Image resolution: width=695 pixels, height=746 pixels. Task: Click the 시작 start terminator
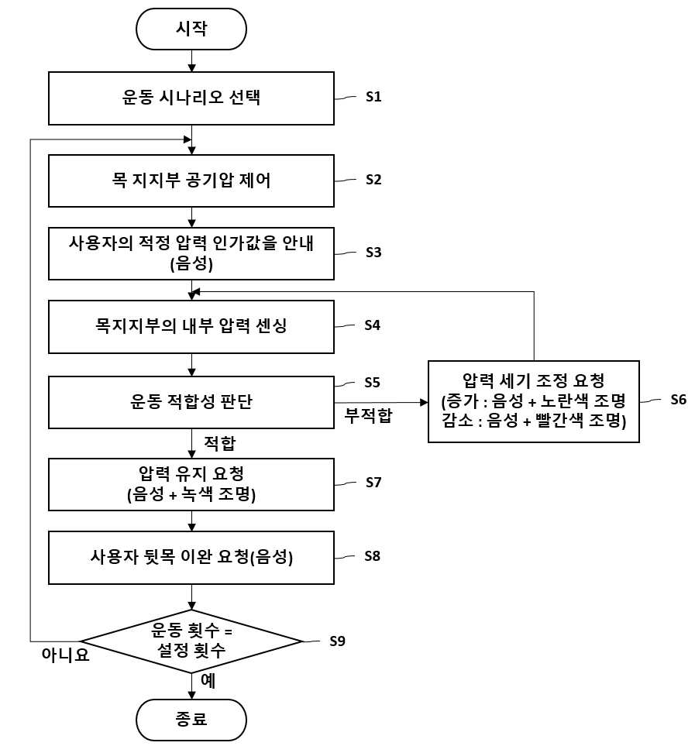click(191, 29)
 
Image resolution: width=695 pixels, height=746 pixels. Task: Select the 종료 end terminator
click(191, 720)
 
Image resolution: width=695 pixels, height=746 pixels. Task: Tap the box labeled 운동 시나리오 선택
click(191, 98)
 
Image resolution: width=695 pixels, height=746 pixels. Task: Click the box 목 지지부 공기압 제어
click(191, 180)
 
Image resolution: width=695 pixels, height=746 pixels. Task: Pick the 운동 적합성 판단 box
click(191, 402)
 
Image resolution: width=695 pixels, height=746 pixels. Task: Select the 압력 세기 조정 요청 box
click(534, 401)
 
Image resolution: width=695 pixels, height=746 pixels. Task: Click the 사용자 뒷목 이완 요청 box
click(191, 558)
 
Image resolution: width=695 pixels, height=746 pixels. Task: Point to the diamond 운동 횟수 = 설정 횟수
click(191, 641)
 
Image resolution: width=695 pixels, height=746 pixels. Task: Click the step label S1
click(373, 97)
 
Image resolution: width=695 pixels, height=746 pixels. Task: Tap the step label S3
click(373, 253)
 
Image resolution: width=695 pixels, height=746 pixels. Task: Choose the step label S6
click(679, 400)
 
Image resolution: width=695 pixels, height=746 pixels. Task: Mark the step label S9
click(337, 641)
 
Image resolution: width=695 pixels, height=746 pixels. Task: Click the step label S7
click(373, 483)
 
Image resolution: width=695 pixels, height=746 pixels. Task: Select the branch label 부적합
click(369, 416)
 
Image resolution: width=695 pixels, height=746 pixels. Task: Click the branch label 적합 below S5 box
click(220, 443)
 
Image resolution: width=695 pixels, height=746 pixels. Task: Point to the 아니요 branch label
click(66, 655)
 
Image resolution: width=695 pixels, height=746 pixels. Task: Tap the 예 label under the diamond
click(208, 681)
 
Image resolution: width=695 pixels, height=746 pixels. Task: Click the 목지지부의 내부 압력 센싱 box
click(191, 327)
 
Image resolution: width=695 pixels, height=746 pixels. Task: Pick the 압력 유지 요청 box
click(191, 485)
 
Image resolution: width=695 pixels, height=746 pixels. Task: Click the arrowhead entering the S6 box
click(424, 403)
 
